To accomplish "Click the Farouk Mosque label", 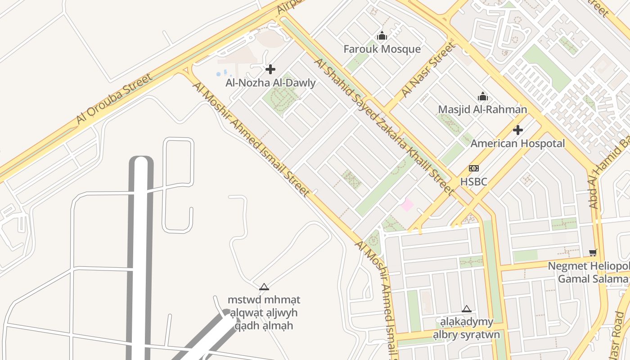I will pyautogui.click(x=382, y=49).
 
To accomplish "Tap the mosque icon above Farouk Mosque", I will pyautogui.click(x=382, y=36).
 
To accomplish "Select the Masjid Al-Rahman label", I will pyautogui.click(x=482, y=109).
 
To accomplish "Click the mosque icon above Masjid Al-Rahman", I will pyautogui.click(x=483, y=96).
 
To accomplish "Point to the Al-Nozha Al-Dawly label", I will pyautogui.click(x=270, y=83).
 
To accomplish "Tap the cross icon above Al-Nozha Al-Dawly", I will pyautogui.click(x=270, y=69).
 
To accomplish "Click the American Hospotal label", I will pyautogui.click(x=517, y=144).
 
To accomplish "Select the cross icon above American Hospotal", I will pyautogui.click(x=518, y=130).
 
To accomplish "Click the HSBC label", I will pyautogui.click(x=473, y=182).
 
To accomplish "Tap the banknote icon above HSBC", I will pyautogui.click(x=473, y=168).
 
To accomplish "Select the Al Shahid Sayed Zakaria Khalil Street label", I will pyautogui.click(x=383, y=126).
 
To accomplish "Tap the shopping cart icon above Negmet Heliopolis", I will pyautogui.click(x=593, y=252).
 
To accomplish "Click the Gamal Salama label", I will pyautogui.click(x=592, y=279).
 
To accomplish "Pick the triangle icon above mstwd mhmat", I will pyautogui.click(x=264, y=287).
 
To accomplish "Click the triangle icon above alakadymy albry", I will pyautogui.click(x=467, y=309).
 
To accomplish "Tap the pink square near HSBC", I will pyautogui.click(x=407, y=205).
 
